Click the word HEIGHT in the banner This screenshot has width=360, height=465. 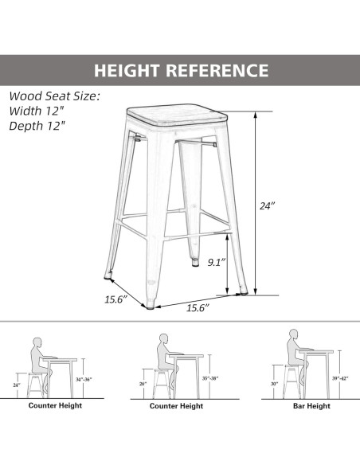(127, 71)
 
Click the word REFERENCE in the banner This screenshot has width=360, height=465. (217, 71)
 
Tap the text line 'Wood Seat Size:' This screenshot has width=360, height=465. (55, 96)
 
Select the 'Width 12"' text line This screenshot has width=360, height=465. (37, 111)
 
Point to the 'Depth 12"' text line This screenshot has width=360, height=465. (37, 126)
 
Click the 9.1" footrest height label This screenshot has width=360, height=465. (217, 262)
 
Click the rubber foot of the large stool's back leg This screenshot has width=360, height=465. (195, 263)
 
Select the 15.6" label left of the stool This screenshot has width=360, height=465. (115, 299)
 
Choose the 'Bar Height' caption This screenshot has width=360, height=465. (311, 406)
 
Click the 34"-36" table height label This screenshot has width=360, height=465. (84, 379)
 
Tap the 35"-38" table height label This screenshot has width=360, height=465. (210, 378)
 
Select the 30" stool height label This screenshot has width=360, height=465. (274, 384)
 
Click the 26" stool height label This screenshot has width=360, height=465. (143, 384)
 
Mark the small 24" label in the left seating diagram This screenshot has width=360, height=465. (16, 385)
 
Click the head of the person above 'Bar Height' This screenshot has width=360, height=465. (293, 334)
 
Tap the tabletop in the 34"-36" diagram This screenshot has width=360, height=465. (60, 360)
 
